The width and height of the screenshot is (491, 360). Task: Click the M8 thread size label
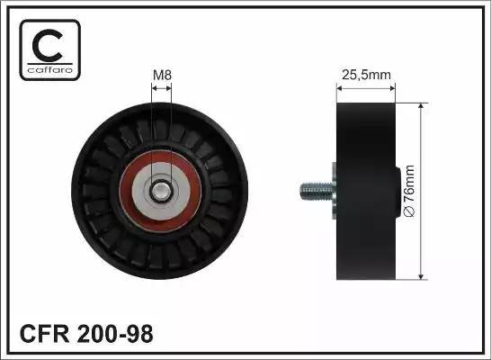[x=162, y=76]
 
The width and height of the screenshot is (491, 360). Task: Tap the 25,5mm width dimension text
[x=366, y=75]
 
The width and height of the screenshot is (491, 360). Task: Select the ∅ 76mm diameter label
[x=410, y=191]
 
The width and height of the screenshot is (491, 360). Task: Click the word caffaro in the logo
[x=50, y=69]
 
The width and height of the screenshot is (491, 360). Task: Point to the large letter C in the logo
[x=48, y=45]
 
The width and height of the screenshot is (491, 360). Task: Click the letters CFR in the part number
[x=44, y=334]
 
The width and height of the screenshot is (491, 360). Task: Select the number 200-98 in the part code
[x=115, y=334]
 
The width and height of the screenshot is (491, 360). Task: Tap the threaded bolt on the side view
[x=316, y=192]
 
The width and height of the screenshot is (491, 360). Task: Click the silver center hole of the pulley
[x=161, y=191]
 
